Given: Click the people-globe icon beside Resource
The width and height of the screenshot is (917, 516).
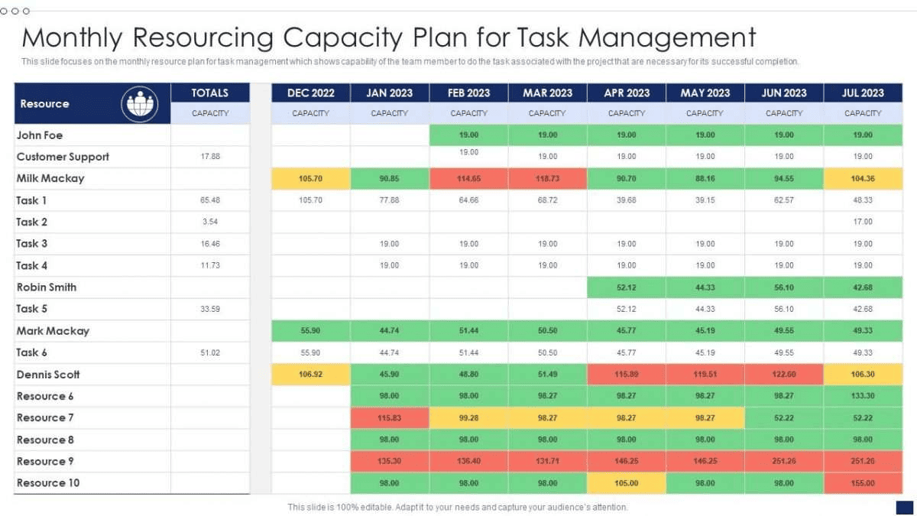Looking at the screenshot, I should tap(140, 104).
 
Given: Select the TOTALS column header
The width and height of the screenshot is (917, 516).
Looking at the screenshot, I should tap(210, 92).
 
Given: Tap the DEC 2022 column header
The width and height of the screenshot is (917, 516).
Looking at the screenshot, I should tap(311, 92).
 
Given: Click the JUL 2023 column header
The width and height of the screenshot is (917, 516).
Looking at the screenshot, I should tap(863, 92).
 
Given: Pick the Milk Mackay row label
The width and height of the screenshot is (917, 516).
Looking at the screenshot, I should tap(50, 178).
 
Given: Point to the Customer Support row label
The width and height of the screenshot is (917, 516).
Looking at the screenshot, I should tap(63, 157).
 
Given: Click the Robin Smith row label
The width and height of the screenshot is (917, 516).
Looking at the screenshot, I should tap(47, 287).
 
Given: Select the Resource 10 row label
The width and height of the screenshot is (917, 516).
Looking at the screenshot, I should tap(48, 482).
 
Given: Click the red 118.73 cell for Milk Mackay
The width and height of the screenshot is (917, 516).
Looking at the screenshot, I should tap(547, 178).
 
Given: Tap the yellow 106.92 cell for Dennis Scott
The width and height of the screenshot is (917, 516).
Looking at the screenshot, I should tap(311, 375).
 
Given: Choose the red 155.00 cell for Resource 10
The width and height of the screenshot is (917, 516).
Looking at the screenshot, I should tap(863, 483).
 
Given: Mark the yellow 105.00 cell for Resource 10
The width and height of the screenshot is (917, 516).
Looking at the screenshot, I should tap(627, 483).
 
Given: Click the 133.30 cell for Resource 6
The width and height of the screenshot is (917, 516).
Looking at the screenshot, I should tap(863, 396).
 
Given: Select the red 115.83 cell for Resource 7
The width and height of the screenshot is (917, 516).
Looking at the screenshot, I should tap(390, 418).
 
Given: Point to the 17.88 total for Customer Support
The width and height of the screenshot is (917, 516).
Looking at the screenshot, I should tap(210, 157).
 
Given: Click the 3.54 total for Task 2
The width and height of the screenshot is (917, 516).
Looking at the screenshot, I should tap(210, 222).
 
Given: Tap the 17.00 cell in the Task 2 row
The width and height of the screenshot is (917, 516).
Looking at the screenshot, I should tap(863, 222).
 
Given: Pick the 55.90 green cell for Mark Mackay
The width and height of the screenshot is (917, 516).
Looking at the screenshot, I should tap(311, 331).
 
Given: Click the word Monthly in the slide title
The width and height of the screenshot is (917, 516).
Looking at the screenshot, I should tap(72, 37).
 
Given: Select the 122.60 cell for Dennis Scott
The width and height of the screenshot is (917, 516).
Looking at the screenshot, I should tap(784, 375).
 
